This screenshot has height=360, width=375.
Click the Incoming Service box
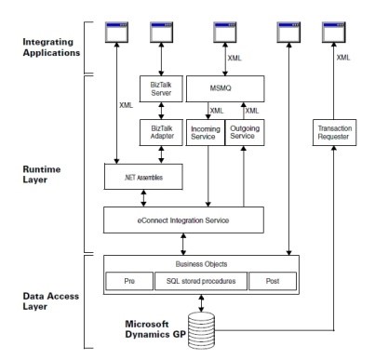pyautogui.click(x=206, y=131)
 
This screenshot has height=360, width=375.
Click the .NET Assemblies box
pyautogui.click(x=140, y=173)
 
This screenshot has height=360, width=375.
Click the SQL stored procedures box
pyautogui.click(x=201, y=279)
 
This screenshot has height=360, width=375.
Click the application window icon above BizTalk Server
pyautogui.click(x=163, y=34)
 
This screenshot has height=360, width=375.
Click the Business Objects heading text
pyautogui.click(x=202, y=263)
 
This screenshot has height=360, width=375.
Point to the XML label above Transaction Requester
pyautogui.click(x=343, y=58)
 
